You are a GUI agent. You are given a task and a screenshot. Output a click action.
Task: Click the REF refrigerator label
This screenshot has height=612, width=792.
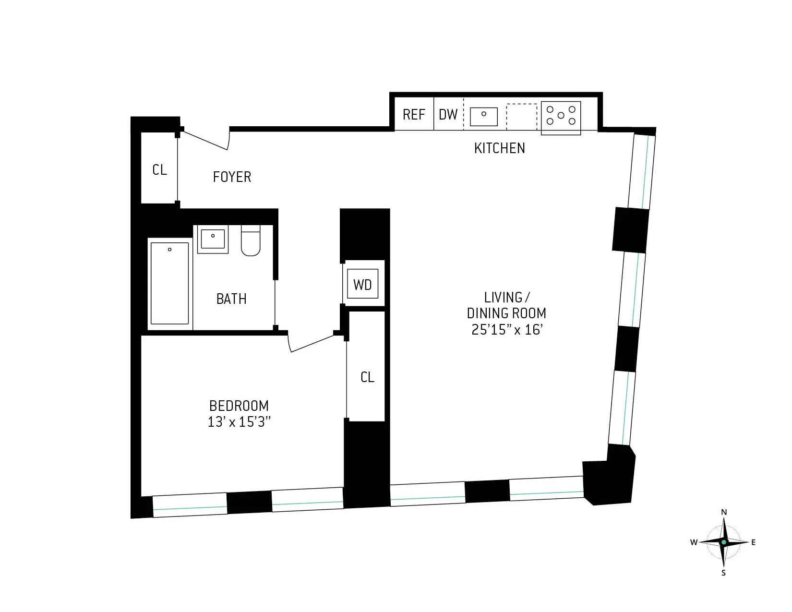click(414, 115)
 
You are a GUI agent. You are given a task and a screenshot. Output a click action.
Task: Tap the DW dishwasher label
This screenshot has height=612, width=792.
click(448, 115)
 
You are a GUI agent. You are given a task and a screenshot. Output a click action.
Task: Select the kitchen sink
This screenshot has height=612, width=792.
click(483, 116)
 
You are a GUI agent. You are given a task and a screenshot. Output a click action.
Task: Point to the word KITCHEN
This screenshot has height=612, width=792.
click(499, 148)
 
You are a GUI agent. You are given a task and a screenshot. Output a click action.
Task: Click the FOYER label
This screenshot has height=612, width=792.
click(232, 177)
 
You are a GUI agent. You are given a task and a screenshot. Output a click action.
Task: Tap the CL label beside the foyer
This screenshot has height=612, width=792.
click(159, 170)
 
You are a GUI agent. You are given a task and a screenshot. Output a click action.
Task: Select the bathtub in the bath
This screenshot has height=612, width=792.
click(169, 283)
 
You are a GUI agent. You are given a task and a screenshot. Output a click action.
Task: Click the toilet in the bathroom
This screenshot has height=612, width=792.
click(250, 241)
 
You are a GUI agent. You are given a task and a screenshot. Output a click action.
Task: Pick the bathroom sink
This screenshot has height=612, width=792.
click(213, 239)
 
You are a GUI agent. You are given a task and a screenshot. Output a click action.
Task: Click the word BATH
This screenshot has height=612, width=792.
click(231, 299)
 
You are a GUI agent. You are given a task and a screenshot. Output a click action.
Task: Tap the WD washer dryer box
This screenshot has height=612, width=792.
click(362, 285)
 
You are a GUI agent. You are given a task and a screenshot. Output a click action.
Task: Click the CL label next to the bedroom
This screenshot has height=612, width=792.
click(367, 377)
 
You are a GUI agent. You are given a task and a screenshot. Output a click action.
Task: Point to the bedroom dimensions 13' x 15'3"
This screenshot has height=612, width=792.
click(239, 422)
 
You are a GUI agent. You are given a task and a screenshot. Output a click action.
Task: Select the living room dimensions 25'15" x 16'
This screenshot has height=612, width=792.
click(507, 330)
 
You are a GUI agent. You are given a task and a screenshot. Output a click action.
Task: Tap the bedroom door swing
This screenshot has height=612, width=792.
click(310, 343)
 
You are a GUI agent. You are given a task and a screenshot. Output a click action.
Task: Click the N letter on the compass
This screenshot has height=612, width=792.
click(724, 512)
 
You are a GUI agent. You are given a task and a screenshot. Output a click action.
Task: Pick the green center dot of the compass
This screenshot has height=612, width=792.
click(724, 542)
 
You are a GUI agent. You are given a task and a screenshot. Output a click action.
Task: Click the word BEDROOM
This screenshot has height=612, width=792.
click(239, 406)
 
